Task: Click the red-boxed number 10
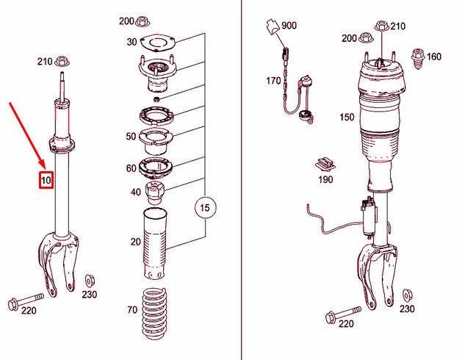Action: pyautogui.click(x=46, y=180)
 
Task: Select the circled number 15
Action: pyautogui.click(x=205, y=209)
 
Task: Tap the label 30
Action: pyautogui.click(x=132, y=42)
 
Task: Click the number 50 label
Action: pyautogui.click(x=131, y=137)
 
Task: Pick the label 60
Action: pyautogui.click(x=131, y=168)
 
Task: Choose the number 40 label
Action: pyautogui.click(x=136, y=192)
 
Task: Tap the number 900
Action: pyautogui.click(x=289, y=26)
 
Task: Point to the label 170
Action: pyautogui.click(x=274, y=81)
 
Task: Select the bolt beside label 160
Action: pyautogui.click(x=416, y=57)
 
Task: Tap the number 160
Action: pyautogui.click(x=434, y=57)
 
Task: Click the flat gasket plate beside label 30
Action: pyautogui.click(x=155, y=42)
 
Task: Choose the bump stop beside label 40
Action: pyautogui.click(x=156, y=194)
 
